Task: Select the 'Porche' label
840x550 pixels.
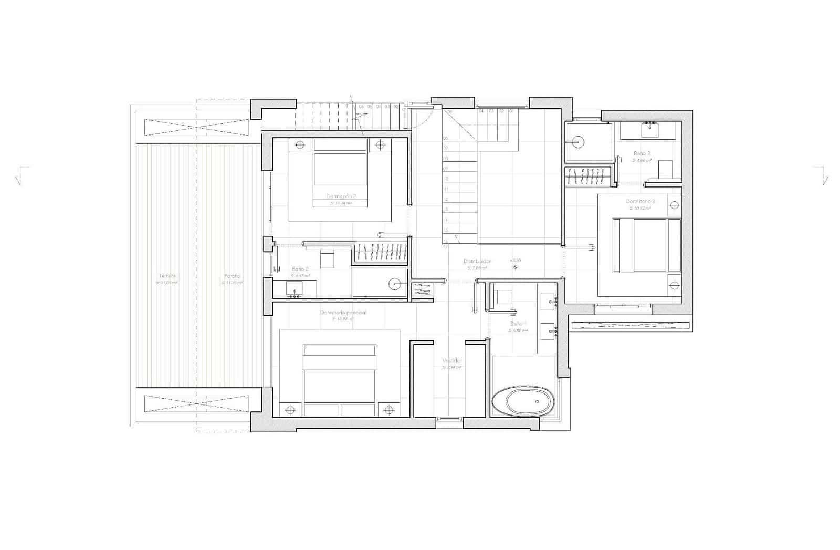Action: click(232, 276)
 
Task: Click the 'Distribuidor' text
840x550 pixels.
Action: click(477, 261)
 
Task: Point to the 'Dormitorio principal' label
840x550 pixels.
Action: click(343, 313)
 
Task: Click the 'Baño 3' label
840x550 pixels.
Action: click(642, 153)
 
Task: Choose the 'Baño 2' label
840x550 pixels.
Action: click(300, 268)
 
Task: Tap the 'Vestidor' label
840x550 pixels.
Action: click(452, 361)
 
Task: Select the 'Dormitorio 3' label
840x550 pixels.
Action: click(640, 201)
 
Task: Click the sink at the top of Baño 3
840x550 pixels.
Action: click(651, 128)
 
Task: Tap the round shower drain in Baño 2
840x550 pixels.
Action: click(395, 284)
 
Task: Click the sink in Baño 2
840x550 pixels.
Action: click(295, 289)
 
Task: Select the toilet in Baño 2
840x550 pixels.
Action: click(327, 260)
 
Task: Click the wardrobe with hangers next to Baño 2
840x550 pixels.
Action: click(381, 252)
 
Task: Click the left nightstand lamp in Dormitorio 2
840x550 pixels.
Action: click(300, 144)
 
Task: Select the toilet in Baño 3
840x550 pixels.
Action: click(665, 168)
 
